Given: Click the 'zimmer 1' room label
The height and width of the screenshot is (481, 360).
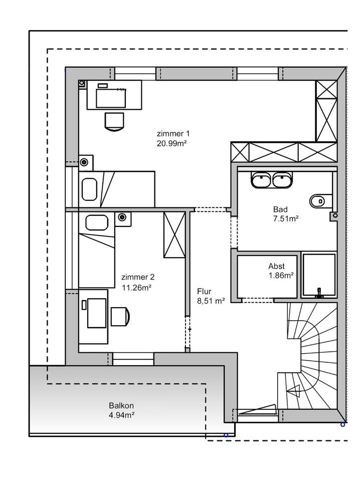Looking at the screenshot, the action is click(173, 134).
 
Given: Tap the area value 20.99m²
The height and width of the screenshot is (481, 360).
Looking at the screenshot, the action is click(171, 143).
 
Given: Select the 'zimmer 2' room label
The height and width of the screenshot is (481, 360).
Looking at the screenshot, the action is click(137, 277).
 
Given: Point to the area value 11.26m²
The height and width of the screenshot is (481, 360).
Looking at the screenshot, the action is click(137, 287).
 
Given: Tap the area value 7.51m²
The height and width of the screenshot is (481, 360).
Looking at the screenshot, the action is click(286, 218).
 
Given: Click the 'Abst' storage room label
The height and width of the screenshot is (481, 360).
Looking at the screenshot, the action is click(277, 266).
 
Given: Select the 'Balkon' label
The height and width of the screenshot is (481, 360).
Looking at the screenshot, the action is click(121, 406).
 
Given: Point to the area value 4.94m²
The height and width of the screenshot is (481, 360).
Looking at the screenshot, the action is click(121, 415).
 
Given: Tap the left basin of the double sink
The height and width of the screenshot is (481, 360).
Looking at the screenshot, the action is click(261, 180).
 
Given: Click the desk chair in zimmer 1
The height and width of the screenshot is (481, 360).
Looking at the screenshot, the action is click(114, 121).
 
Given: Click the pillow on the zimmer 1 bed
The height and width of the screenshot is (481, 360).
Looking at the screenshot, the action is click(90, 189).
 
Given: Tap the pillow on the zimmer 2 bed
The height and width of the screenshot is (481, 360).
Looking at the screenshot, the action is click(97, 222).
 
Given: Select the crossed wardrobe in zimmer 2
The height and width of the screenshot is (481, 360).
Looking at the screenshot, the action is click(174, 235).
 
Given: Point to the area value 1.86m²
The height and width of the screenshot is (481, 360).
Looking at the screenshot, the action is click(281, 275).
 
